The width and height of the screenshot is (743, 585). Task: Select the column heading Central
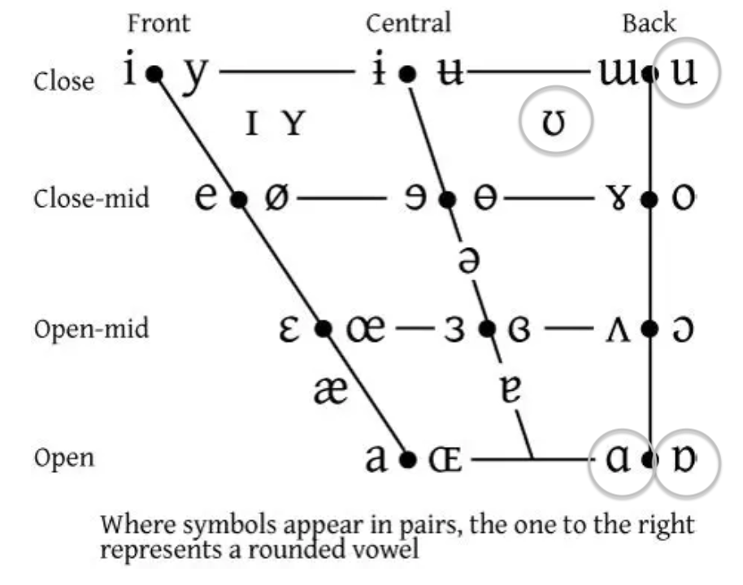coord(408,23)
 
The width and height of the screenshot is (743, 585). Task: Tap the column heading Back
coord(649,23)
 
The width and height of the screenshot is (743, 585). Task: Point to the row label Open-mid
coord(92,330)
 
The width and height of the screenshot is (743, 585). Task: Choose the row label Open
coord(64,458)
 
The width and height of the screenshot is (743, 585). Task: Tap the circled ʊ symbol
coord(557,122)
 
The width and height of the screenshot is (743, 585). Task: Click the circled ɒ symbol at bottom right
coord(687,460)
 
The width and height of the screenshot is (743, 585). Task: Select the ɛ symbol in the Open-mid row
coord(293,329)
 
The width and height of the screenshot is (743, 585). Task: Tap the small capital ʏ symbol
coord(293,123)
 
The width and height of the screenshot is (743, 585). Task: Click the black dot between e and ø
coord(239,199)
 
